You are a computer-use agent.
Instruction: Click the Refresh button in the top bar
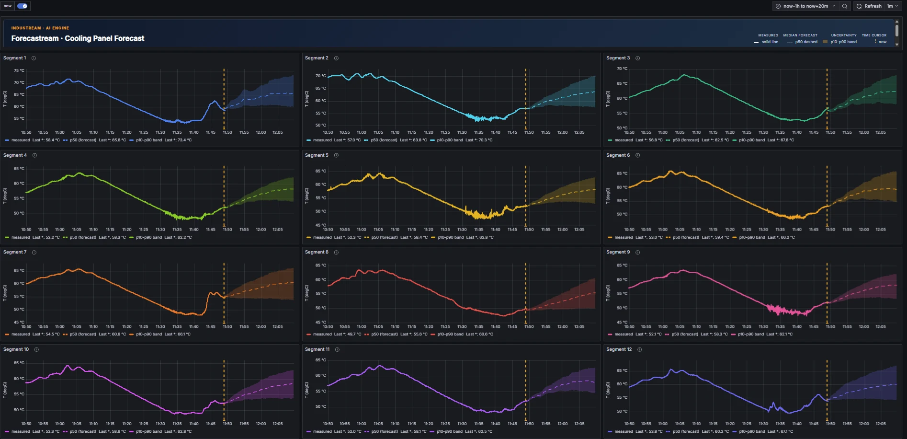(x=869, y=6)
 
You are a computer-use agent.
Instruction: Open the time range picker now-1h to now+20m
(x=805, y=6)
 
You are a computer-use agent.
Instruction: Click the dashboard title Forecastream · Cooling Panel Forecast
(x=78, y=38)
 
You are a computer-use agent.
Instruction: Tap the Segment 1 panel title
(x=15, y=58)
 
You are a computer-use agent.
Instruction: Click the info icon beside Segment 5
(x=336, y=155)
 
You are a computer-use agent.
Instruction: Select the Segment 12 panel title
(x=619, y=349)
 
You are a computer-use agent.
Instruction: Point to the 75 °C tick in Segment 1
(x=19, y=70)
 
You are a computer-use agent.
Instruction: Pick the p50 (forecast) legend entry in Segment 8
(x=385, y=334)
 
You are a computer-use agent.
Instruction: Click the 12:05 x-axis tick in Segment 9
(x=880, y=326)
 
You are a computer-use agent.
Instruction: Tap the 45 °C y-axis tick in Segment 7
(x=19, y=322)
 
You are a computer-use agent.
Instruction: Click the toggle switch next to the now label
(x=23, y=6)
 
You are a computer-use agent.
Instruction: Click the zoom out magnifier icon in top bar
(x=845, y=6)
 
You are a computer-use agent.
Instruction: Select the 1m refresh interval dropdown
(x=892, y=6)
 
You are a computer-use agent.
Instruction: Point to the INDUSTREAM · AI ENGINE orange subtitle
(x=40, y=28)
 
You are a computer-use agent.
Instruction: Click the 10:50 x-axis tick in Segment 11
(x=328, y=424)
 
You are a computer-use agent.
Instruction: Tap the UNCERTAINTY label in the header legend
(x=843, y=35)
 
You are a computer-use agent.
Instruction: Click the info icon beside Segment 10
(x=36, y=349)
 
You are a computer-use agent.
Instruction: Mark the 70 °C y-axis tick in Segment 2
(x=320, y=76)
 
